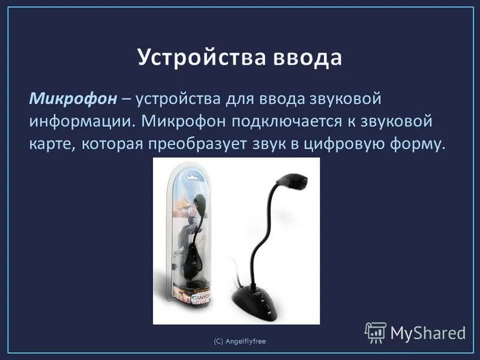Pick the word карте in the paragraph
pyautogui.click(x=50, y=145)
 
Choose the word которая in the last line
pyautogui.click(x=115, y=145)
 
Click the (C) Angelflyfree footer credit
pyautogui.click(x=240, y=341)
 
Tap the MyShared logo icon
pyautogui.click(x=375, y=332)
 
